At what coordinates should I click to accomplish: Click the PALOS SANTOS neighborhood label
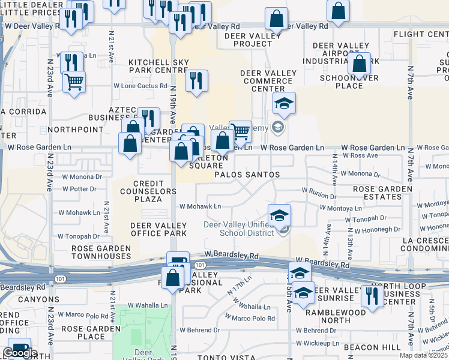pos(247,175)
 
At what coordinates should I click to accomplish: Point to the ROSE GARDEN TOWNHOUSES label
pos(101,252)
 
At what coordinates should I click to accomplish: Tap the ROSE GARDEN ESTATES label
pos(382,193)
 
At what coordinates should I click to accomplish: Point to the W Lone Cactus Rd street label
pos(140,86)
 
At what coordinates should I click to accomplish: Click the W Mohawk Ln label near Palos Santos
pos(200,206)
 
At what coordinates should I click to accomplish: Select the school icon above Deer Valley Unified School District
pos(279,215)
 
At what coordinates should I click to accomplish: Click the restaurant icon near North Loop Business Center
pos(372,296)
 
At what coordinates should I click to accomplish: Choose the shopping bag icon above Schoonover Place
pos(359,64)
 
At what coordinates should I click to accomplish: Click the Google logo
pos(20,353)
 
